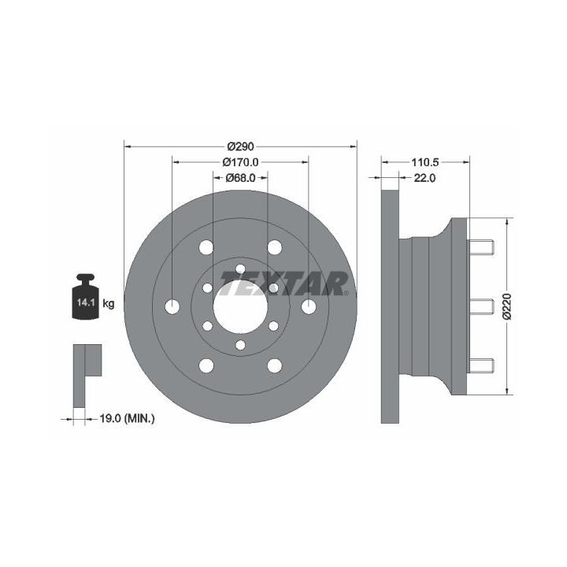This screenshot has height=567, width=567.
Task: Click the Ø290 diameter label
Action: tap(240, 146)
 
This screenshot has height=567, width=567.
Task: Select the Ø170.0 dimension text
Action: tap(240, 162)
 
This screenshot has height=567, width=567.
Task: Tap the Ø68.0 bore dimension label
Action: tap(240, 178)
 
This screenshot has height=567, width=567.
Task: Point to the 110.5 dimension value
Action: tap(424, 162)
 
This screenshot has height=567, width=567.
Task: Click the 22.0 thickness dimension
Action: tap(424, 178)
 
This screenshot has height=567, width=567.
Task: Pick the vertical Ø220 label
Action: tap(507, 306)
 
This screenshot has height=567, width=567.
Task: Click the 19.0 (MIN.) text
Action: tap(127, 419)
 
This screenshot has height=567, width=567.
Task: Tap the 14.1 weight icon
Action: tap(85, 297)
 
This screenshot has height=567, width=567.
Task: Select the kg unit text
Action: tap(109, 304)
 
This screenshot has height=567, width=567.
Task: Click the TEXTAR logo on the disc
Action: tap(283, 283)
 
